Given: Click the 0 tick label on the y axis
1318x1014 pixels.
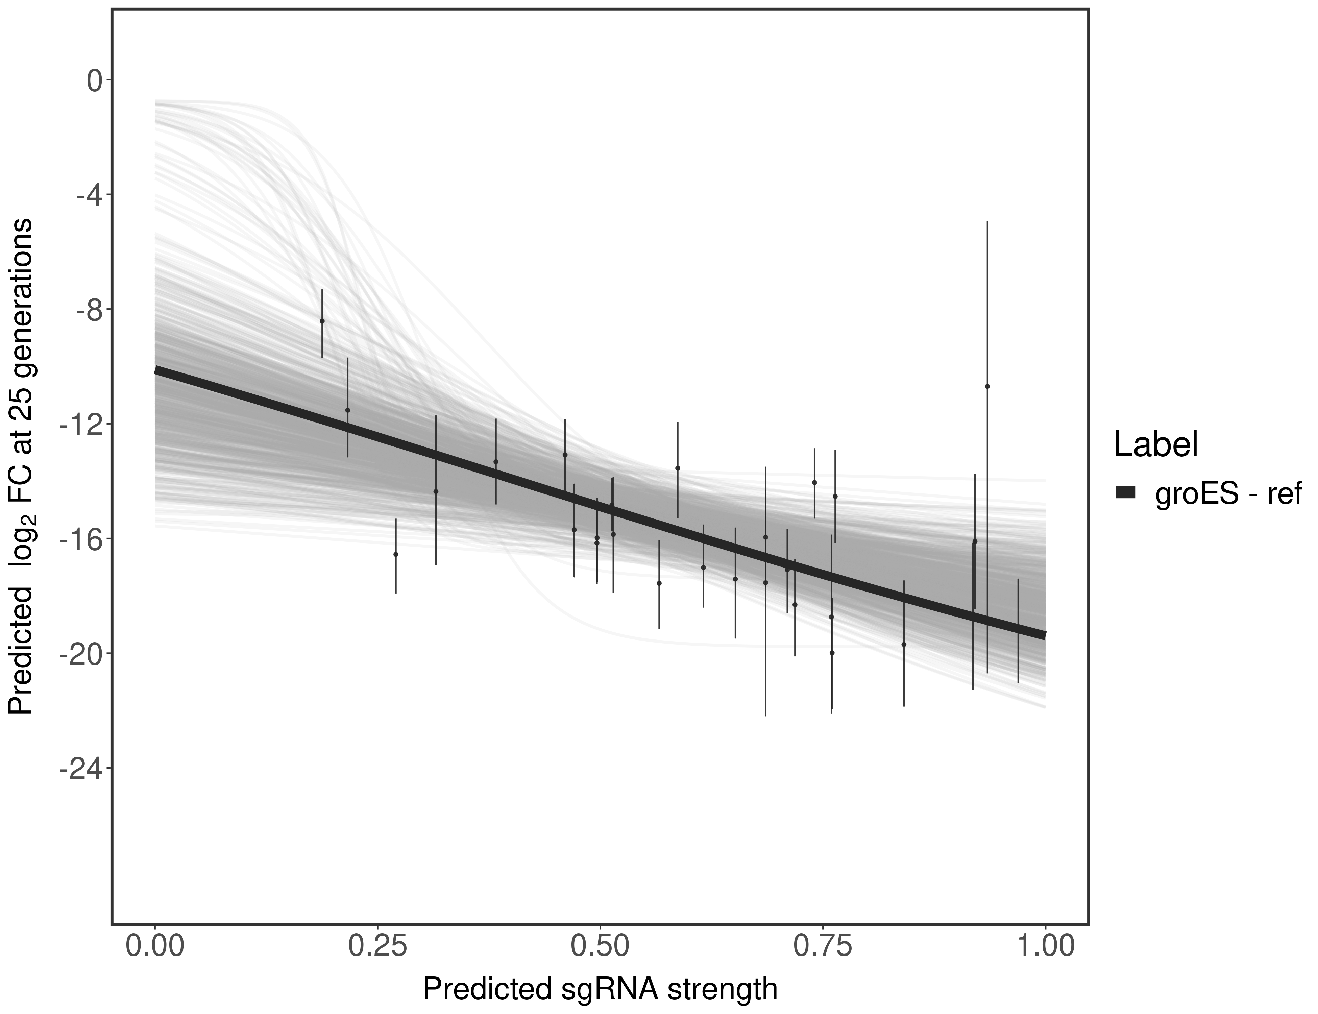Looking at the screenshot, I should tap(95, 80).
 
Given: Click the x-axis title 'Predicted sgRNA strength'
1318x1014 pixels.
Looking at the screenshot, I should tap(600, 990).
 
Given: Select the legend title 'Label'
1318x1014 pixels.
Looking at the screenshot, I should tap(1155, 445).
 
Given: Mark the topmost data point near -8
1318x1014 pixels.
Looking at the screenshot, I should tap(322, 321).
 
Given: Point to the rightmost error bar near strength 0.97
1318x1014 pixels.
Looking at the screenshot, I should tap(1018, 631).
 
